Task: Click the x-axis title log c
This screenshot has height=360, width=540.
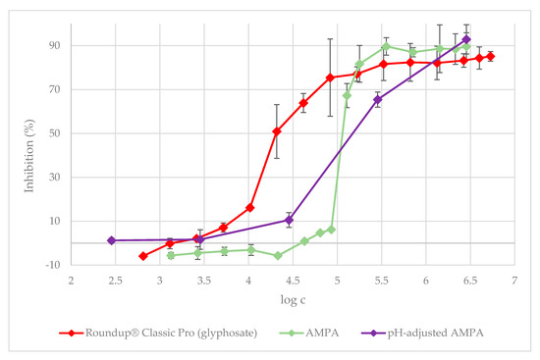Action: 293,299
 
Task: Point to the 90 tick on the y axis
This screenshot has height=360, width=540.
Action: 54,45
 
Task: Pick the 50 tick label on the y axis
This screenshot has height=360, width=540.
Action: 54,133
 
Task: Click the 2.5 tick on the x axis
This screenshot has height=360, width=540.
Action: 115,280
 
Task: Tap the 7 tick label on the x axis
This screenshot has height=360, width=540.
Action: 514,280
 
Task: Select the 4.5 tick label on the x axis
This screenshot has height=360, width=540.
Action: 293,280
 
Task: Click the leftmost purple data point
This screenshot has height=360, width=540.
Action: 112,240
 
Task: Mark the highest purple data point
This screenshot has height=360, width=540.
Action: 466,40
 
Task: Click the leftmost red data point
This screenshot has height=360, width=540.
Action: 143,256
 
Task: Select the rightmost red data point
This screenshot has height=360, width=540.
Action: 490,56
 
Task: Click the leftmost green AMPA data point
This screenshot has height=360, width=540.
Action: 171,255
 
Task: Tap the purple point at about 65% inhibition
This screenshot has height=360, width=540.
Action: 378,99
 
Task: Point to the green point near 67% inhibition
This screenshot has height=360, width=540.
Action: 347,95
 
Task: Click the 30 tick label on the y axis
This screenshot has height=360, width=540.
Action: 54,178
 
